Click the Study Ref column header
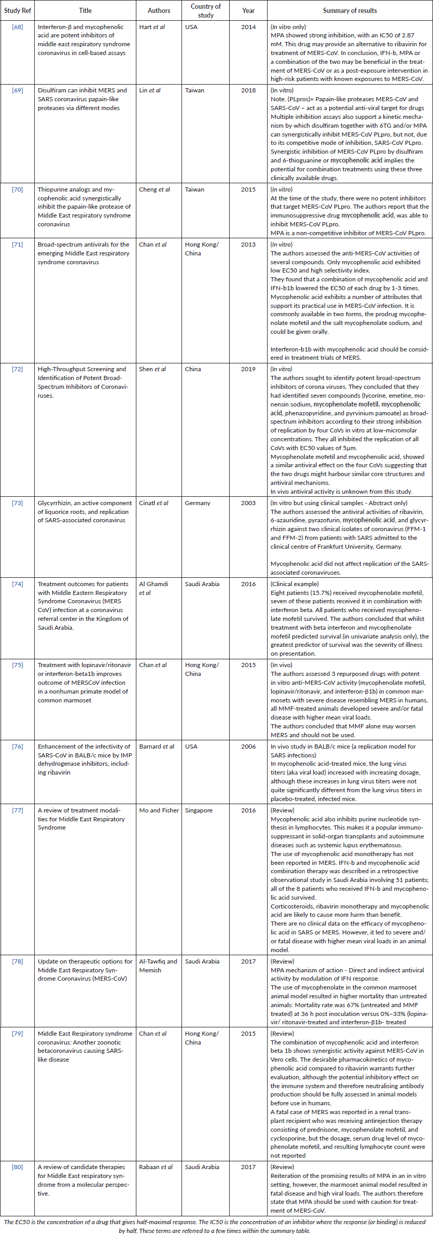[18, 10]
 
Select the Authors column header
[159, 10]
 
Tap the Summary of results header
[350, 10]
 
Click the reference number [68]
[18, 27]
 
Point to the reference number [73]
[18, 503]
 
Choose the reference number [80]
[18, 1167]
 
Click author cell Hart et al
[152, 27]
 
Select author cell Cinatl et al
[153, 503]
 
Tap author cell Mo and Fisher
[159, 810]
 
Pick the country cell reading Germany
[198, 503]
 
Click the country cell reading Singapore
[199, 810]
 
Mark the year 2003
[248, 503]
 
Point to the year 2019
[248, 369]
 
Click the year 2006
[248, 747]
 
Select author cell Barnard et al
[157, 747]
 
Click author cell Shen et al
[152, 369]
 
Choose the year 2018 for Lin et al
[248, 90]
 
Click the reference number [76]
[18, 747]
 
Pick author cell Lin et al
[150, 90]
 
